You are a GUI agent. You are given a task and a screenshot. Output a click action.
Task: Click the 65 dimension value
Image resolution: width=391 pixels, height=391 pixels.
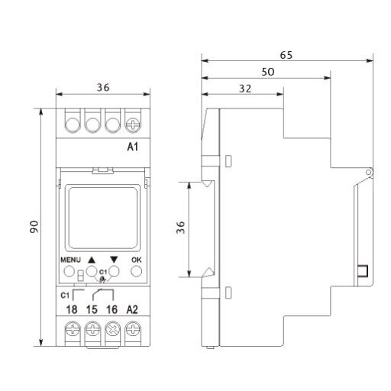coord(286,55)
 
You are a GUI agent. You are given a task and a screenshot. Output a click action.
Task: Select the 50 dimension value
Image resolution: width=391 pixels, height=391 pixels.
coord(268,72)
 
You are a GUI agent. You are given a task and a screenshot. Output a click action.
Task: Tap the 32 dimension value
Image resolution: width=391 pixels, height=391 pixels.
coord(245,89)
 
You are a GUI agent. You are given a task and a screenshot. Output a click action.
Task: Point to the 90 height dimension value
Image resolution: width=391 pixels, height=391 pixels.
coord(34,227)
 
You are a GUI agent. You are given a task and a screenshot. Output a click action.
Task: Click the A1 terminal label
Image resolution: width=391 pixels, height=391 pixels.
coord(132,147)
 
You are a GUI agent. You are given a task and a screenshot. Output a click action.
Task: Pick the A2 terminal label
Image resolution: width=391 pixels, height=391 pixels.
coord(132,309)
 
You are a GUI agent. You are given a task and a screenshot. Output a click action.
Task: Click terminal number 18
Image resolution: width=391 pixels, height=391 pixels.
coord(72,309)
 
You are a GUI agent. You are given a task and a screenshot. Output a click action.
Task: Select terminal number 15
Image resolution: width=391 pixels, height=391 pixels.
coord(92,309)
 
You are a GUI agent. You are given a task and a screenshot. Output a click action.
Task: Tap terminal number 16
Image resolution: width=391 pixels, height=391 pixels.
coord(111,309)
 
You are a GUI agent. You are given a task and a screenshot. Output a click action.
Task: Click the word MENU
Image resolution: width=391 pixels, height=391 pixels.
coord(70,260)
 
